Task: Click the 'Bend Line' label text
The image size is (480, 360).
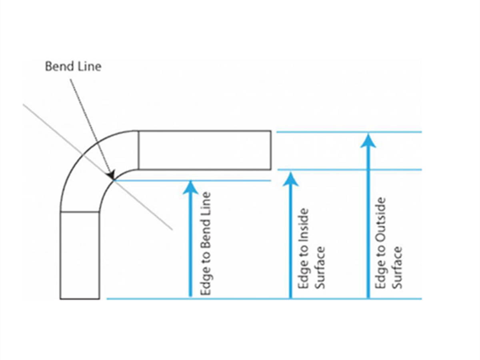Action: click(73, 66)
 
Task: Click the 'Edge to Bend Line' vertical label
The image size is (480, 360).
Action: click(206, 244)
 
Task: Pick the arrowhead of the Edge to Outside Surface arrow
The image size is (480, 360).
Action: click(368, 140)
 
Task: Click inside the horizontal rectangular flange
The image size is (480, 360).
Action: click(204, 150)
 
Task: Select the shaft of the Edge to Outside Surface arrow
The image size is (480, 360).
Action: click(368, 224)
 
